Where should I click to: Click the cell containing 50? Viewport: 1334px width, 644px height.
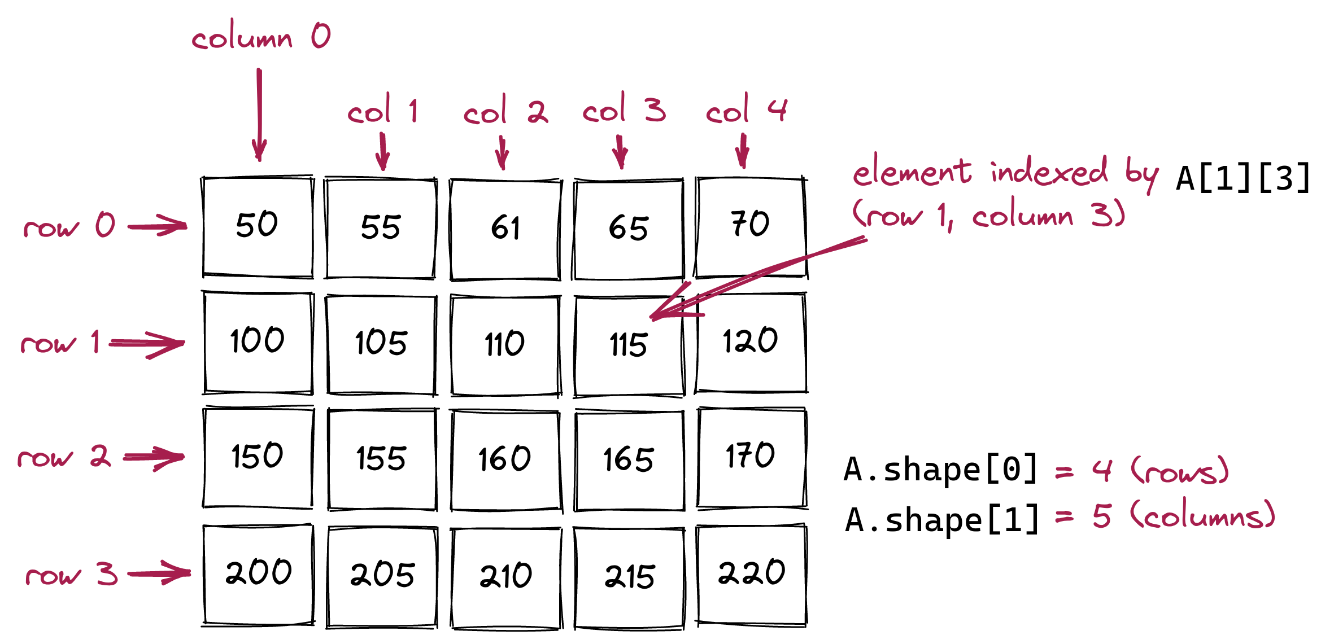258,227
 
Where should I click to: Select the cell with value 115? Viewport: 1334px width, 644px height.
629,345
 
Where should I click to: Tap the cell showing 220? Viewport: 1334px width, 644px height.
751,575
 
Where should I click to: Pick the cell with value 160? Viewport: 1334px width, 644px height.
505,459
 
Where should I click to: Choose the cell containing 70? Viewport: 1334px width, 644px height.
751,227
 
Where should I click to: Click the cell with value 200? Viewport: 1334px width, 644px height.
258,575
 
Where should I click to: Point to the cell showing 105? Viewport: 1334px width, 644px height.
382,344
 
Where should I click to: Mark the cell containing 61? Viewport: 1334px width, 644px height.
505,229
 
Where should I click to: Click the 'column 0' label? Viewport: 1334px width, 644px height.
261,37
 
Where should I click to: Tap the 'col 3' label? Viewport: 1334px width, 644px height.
624,108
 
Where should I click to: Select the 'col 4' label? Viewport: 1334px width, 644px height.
746,109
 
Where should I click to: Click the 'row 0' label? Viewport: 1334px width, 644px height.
69,225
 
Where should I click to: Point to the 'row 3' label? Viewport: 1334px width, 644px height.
72,575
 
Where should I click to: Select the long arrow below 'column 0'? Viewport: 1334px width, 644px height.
259,115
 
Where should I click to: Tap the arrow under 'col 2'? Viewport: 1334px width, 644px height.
502,152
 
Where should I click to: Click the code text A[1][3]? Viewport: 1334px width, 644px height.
1243,178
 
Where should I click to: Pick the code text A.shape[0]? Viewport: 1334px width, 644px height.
941,469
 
